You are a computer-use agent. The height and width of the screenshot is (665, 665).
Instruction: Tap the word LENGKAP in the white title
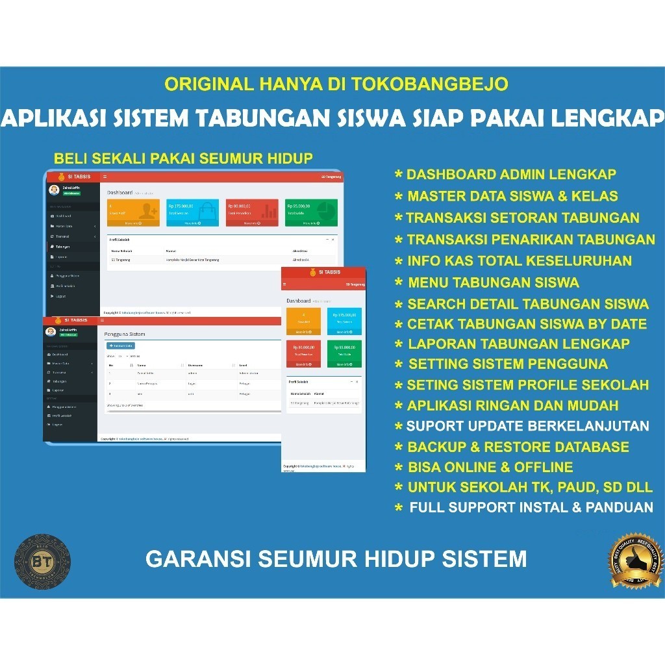pos(607,118)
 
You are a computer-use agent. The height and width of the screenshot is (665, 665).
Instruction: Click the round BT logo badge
pos(42,562)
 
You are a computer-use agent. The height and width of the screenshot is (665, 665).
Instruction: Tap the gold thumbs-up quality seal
pos(637,561)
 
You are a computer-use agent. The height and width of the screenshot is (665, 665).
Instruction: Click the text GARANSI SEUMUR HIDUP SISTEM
pos(336,558)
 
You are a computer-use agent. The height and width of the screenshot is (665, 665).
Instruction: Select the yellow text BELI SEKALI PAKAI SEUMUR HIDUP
pos(183,158)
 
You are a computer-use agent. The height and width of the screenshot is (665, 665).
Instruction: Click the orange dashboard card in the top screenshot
pos(133,212)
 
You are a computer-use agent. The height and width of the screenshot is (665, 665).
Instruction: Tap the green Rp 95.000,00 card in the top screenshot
pos(311,212)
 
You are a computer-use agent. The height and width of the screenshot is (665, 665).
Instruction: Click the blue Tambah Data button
pos(121,345)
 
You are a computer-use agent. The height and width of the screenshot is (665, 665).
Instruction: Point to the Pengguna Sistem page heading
pos(125,334)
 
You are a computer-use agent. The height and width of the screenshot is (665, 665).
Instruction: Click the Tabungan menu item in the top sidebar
pos(62,247)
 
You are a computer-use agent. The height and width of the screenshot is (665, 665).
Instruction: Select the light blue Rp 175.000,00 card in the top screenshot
pos(192,212)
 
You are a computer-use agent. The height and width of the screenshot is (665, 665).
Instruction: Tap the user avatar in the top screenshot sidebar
pos(53,190)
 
